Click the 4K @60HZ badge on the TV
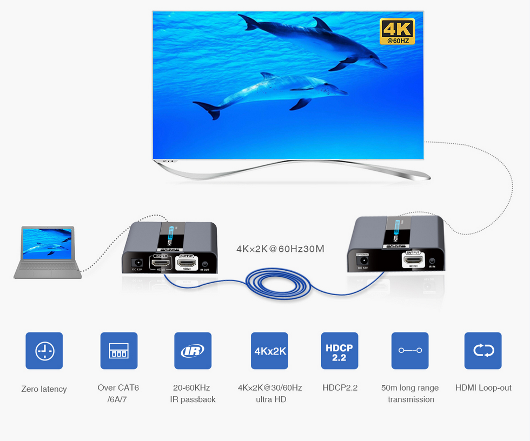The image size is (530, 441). [x=397, y=32]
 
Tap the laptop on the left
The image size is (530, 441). [x=47, y=252]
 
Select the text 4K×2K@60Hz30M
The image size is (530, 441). [x=280, y=249]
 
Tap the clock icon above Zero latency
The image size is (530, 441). [x=44, y=351]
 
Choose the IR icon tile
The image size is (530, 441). [x=193, y=351]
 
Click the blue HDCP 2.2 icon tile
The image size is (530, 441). [x=340, y=351]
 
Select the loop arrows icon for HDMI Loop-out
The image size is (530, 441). [x=483, y=351]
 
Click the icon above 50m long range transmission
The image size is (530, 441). [x=410, y=351]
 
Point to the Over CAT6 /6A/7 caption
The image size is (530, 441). [x=118, y=393]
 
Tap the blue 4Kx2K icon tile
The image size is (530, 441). [x=269, y=351]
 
